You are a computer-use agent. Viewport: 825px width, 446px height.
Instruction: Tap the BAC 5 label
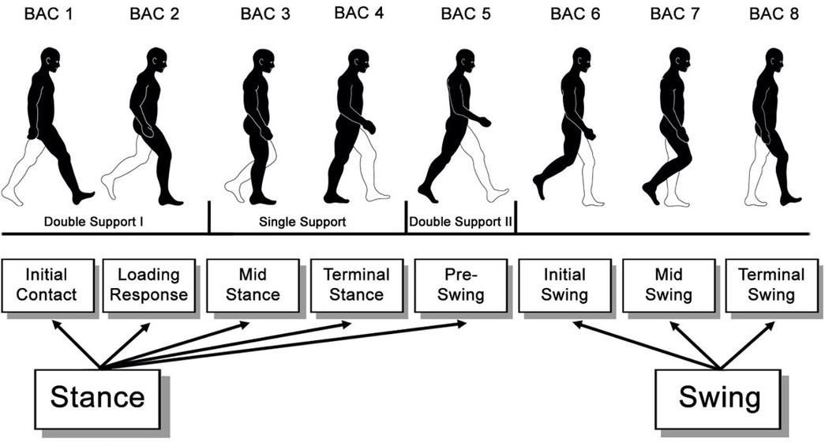coord(464,14)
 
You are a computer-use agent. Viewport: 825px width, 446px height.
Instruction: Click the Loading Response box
coord(148,285)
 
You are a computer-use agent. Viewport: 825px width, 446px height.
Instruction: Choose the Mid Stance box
coord(253,285)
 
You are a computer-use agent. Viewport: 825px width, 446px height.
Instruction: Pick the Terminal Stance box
coord(356,285)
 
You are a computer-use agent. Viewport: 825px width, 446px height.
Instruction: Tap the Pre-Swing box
coord(459,285)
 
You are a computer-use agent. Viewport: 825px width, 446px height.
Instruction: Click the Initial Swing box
coord(564,285)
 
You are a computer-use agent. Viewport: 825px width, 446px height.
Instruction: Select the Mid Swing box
coord(668,285)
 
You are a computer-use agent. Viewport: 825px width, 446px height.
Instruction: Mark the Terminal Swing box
coord(771,285)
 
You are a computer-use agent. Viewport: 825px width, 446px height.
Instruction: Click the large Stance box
coord(97,397)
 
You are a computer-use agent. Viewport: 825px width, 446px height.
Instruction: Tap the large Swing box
coord(719,397)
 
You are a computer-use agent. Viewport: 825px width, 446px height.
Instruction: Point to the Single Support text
coord(302,222)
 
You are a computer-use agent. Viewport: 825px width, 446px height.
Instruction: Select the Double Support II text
coord(461,222)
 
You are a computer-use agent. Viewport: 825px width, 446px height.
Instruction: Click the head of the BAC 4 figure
coord(358,60)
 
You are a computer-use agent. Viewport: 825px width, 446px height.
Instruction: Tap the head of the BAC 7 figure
coord(680,58)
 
